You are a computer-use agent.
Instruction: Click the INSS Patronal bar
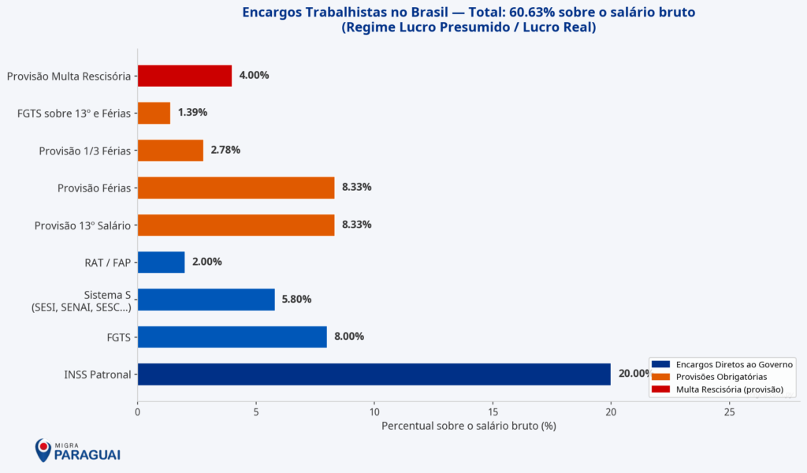point(374,374)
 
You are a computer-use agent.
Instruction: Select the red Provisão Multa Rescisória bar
point(184,76)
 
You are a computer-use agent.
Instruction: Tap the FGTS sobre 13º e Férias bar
point(154,113)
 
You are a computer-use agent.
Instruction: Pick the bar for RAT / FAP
point(161,262)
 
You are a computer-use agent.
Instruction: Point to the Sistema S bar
point(206,300)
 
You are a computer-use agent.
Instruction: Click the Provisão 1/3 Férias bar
point(170,150)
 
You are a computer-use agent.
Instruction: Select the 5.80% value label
point(297,300)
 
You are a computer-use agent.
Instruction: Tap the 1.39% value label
point(192,113)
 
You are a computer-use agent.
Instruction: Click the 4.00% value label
point(254,76)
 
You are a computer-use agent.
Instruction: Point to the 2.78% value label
point(225,150)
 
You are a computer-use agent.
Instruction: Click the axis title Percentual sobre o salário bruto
point(469,426)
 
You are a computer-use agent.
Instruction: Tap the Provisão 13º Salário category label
point(82,225)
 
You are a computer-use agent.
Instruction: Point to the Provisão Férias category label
point(94,188)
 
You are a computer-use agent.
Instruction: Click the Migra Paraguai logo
point(77,451)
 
